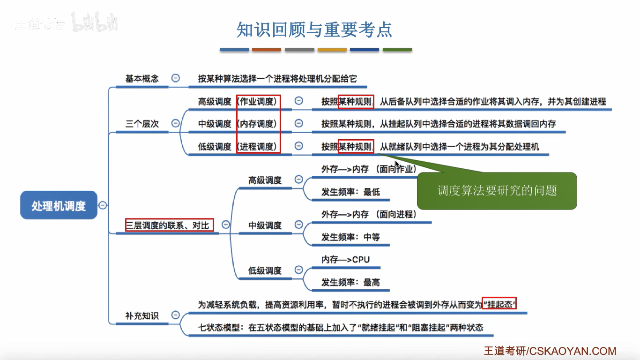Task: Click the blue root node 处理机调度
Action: point(59,205)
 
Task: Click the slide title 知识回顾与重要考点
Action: point(314,30)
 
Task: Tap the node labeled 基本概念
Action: point(142,79)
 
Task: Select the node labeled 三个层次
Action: point(142,124)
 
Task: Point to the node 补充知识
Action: point(142,315)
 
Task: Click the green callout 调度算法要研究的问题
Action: point(497,191)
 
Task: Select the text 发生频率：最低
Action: point(350,192)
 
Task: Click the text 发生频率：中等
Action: point(350,237)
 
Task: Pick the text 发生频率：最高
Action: point(350,282)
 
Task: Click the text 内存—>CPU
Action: point(346,260)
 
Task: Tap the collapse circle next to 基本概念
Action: point(176,78)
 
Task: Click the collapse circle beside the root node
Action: point(103,205)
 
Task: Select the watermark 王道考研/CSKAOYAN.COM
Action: point(550,351)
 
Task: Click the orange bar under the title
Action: point(267,50)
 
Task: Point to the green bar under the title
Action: point(397,50)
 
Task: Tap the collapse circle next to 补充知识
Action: point(176,315)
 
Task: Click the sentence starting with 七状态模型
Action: point(341,327)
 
